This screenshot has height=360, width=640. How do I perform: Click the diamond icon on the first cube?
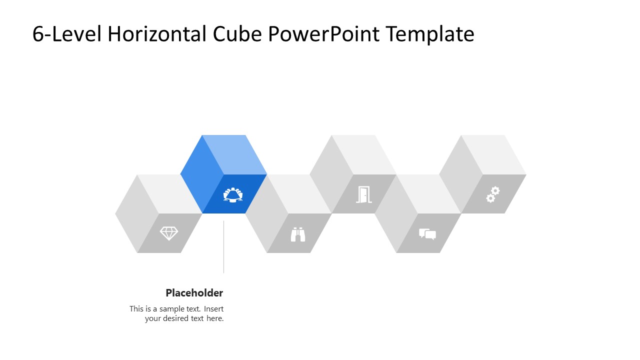tap(169, 233)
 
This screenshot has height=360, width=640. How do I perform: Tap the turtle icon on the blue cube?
tap(233, 194)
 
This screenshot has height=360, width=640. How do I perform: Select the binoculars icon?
tap(298, 234)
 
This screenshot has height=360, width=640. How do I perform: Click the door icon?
tap(363, 194)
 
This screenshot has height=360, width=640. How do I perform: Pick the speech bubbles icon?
tap(427, 234)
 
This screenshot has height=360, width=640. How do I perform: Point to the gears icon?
tap(493, 194)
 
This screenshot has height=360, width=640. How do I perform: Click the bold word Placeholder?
tap(194, 293)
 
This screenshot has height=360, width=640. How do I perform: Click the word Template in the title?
tap(430, 34)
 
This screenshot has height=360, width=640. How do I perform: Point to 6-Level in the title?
tap(67, 34)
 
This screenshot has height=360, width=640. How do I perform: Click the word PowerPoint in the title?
tap(324, 34)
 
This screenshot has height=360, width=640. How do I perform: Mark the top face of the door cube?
tap(364, 154)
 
